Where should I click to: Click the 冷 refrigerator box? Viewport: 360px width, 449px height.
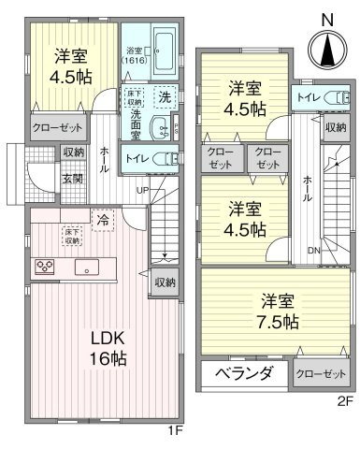pyautogui.click(x=103, y=220)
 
